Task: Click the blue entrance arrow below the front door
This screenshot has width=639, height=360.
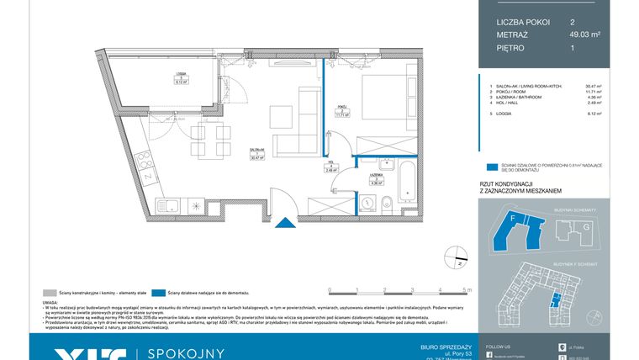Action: coord(288,223)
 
